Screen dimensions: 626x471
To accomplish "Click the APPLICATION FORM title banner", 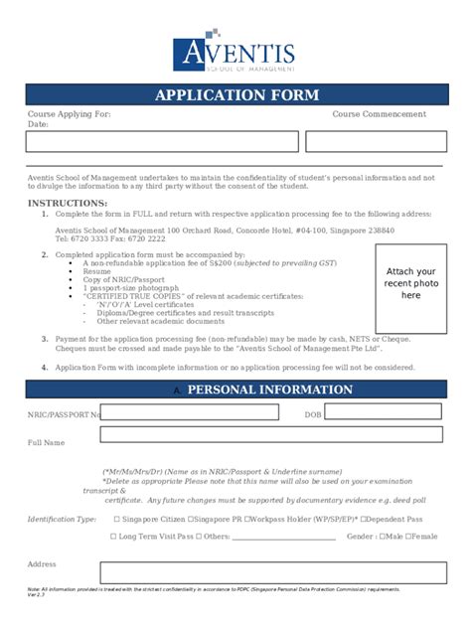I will pos(236,95).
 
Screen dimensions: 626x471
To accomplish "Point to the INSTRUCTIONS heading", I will pos(67,203).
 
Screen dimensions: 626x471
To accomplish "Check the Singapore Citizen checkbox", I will pos(117,519).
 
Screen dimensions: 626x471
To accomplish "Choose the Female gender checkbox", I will pos(409,537).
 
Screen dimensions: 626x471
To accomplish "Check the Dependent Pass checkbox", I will pos(365,519).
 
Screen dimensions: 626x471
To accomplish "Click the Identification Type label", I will pos(62,519).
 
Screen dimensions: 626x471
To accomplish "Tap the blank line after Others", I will pos(284,538).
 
